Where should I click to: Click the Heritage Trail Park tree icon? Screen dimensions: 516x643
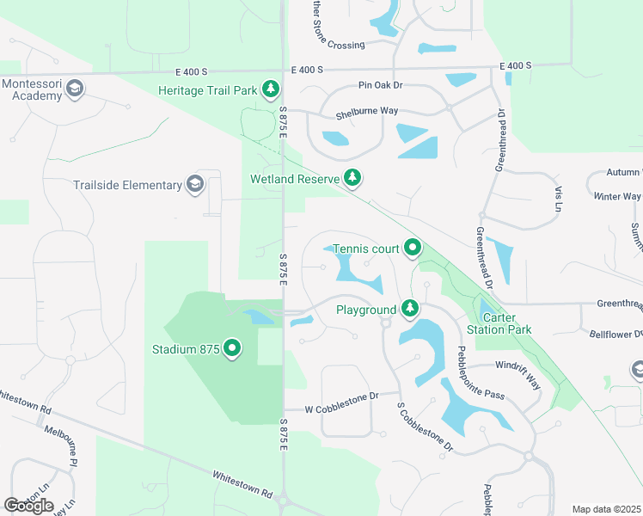[272, 89]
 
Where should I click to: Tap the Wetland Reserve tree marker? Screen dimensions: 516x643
[352, 179]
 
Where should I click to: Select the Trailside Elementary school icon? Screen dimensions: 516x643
[195, 184]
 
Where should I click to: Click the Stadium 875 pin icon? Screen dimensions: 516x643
[232, 349]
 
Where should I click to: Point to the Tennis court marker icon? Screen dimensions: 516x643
[413, 249]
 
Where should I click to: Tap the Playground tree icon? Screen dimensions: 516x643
[410, 309]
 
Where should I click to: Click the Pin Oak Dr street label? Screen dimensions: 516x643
[381, 86]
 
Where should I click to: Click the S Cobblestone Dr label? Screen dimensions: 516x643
[425, 427]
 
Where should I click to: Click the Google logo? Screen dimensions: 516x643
[28, 506]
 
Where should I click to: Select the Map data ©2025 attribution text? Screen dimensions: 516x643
[606, 509]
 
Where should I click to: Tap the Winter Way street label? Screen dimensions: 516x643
[617, 197]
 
